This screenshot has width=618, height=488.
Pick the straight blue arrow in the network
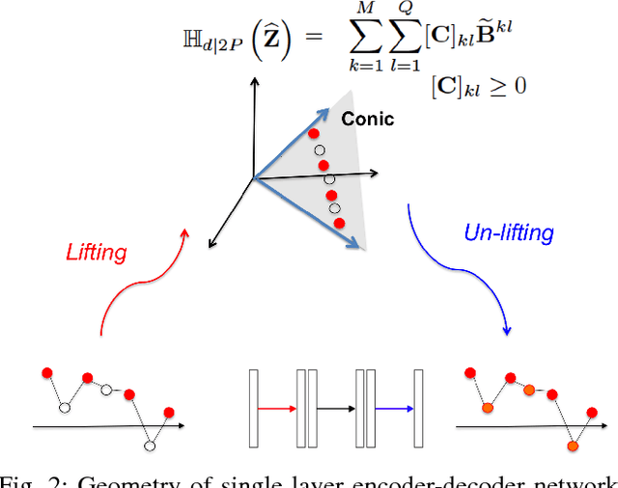tap(393, 409)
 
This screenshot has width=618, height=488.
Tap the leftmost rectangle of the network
tap(254, 409)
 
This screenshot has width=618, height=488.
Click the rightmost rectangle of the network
tap(418, 409)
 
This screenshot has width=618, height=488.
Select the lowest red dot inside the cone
tap(339, 223)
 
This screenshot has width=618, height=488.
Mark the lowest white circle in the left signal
tap(149, 447)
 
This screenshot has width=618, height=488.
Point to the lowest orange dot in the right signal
tap(573, 447)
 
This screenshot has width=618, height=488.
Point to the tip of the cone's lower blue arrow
tap(362, 247)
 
